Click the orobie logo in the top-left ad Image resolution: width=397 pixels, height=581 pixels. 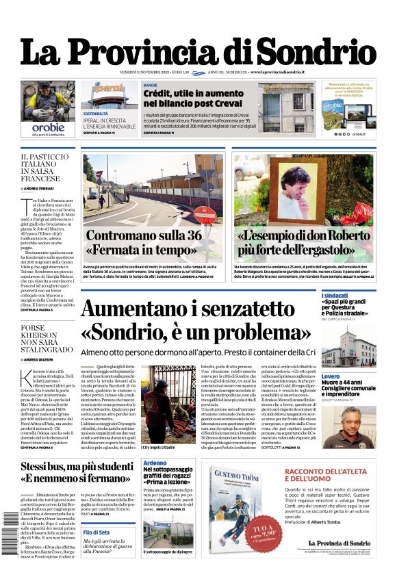click(47, 127)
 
